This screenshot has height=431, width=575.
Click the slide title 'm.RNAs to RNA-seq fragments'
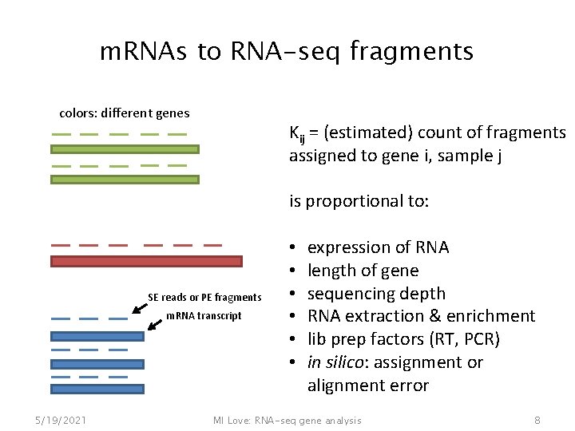click(286, 52)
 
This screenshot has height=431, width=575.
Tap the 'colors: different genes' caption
click(125, 113)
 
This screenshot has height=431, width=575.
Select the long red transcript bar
click(146, 261)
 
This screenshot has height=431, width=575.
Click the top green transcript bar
click(125, 149)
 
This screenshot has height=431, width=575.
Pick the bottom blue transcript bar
click(97, 389)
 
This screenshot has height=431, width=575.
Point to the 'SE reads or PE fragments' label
click(204, 298)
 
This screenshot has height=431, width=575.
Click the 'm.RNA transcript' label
click(204, 316)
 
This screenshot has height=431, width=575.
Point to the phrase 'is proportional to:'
click(359, 201)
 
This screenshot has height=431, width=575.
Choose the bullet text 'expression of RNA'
click(378, 247)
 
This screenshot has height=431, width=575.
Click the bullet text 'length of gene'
click(363, 271)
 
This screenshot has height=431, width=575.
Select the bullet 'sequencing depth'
click(376, 294)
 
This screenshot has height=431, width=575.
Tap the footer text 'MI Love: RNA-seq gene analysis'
click(287, 420)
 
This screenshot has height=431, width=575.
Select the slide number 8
click(537, 420)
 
